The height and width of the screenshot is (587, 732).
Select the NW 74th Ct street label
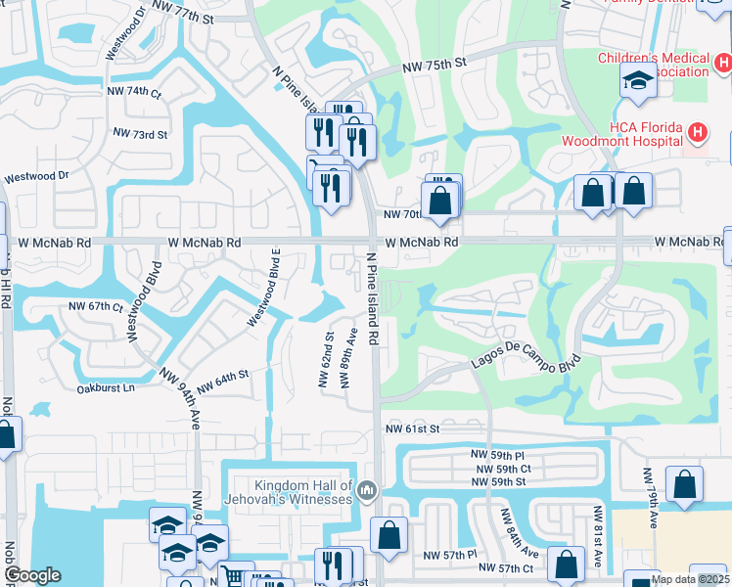pyautogui.click(x=134, y=91)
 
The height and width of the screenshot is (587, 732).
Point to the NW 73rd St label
pyautogui.click(x=140, y=133)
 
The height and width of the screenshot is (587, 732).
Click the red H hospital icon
pyautogui.click(x=697, y=132)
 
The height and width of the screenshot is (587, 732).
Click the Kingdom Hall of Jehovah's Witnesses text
pyautogui.click(x=302, y=492)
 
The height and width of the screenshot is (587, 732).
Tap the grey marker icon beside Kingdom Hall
pyautogui.click(x=367, y=488)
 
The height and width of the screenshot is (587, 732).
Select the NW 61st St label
pyautogui.click(x=414, y=429)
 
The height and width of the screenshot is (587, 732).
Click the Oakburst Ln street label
pyautogui.click(x=105, y=388)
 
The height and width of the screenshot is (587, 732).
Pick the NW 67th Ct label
pyautogui.click(x=96, y=306)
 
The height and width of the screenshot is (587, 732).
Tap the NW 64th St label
pyautogui.click(x=223, y=382)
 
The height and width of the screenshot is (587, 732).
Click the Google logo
pyautogui.click(x=32, y=575)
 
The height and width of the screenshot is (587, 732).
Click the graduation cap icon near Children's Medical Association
pyautogui.click(x=638, y=82)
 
